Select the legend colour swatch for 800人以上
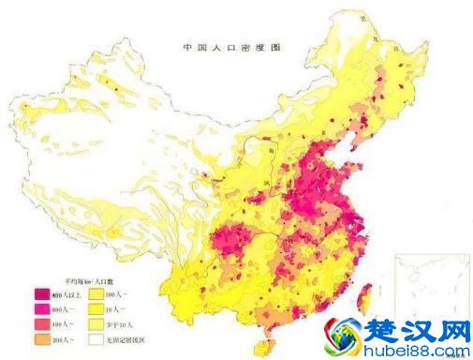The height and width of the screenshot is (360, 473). (x=42, y=295)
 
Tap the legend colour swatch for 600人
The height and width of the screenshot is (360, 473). (x=42, y=308)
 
